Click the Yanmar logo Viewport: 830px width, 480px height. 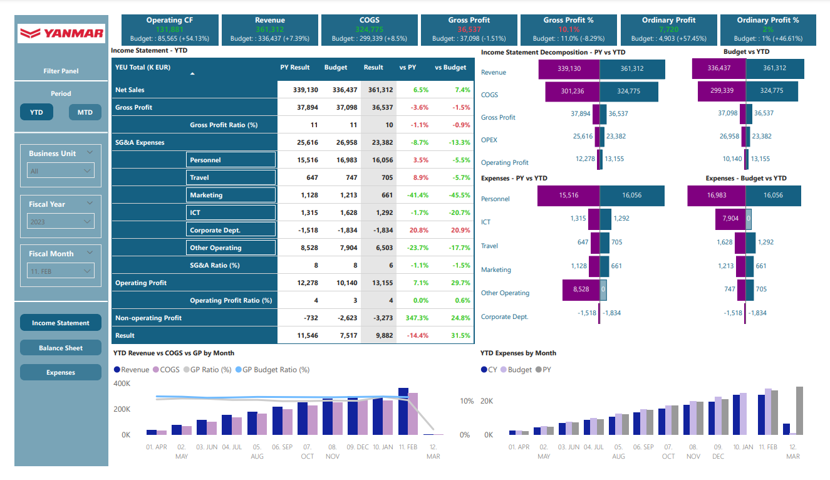pos(61,33)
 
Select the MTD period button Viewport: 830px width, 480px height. pos(85,112)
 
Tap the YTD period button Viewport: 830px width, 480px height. pos(36,112)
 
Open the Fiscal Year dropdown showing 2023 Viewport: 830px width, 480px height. pos(61,221)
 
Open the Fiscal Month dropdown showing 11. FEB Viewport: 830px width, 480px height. pos(61,271)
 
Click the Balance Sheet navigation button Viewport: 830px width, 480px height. pos(61,348)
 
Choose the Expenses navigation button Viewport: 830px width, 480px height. pos(61,372)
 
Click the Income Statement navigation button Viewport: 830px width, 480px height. pos(61,323)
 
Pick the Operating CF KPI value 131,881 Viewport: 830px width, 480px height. pos(169,29)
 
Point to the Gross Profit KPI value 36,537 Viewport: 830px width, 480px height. pos(469,29)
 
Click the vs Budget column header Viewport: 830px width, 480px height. pos(450,68)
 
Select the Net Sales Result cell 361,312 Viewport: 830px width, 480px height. pos(378,90)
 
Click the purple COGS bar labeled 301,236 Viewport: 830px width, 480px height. pos(572,91)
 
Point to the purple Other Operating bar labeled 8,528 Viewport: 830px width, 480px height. pos(581,290)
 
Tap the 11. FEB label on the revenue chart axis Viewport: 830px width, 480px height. pos(408,447)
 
